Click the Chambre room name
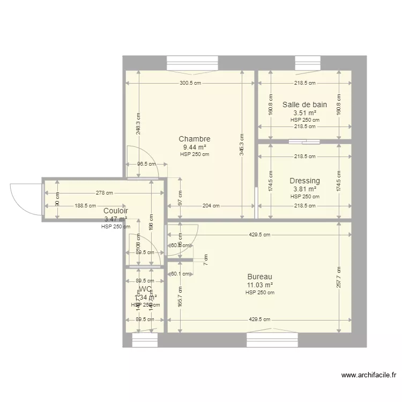[x=194, y=139]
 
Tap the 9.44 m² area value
[x=194, y=147]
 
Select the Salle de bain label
[x=304, y=105]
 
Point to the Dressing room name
[x=304, y=181]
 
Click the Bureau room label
[x=259, y=277]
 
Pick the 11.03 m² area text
[x=259, y=285]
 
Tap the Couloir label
[x=115, y=211]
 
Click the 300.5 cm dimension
[x=190, y=83]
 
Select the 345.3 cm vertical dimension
[x=242, y=145]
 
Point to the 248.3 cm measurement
[x=138, y=123]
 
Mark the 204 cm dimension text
[x=211, y=205]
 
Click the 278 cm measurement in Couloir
[x=104, y=193]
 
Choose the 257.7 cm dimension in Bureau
[x=339, y=277]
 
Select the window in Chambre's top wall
[x=192, y=63]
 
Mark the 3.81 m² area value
[x=304, y=189]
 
